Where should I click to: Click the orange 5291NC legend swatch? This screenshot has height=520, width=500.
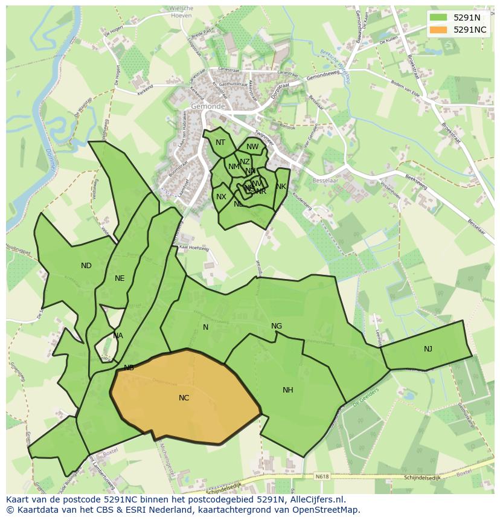click(x=439, y=30)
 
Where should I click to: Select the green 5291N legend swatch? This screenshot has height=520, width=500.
click(x=439, y=18)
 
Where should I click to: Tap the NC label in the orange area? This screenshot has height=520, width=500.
click(x=184, y=397)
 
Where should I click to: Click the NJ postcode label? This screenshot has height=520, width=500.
click(x=428, y=348)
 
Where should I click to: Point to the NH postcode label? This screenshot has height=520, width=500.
click(x=287, y=390)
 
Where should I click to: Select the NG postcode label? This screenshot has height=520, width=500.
click(x=276, y=326)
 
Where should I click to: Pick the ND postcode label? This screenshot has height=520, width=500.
click(x=86, y=265)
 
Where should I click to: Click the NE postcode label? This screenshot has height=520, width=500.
click(x=120, y=278)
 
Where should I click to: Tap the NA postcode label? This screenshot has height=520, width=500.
click(x=118, y=336)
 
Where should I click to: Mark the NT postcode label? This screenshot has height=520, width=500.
click(x=220, y=143)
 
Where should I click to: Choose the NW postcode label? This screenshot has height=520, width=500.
click(x=252, y=146)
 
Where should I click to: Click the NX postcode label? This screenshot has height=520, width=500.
click(x=221, y=197)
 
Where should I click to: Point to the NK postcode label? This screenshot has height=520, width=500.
click(x=281, y=187)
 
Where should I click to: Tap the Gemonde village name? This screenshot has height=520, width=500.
click(x=207, y=106)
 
